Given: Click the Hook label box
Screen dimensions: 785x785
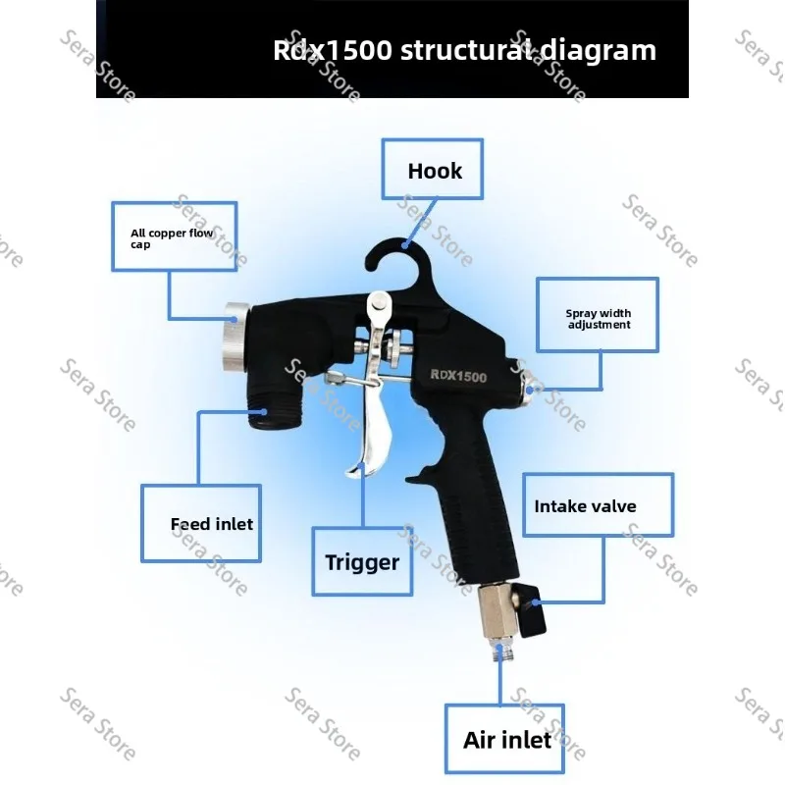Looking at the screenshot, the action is [x=433, y=169].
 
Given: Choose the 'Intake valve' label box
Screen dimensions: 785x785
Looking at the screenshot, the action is [x=599, y=504].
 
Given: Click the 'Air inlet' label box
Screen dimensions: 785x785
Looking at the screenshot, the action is [x=504, y=739].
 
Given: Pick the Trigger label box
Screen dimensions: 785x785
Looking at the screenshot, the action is [x=362, y=561].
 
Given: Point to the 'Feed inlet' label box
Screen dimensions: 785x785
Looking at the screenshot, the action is [x=201, y=523].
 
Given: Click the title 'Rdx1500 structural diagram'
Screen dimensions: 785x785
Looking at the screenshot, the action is [x=464, y=50].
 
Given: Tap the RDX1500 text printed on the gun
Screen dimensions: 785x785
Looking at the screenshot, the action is [x=458, y=376].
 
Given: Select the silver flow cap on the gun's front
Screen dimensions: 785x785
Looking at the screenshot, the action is [x=236, y=337].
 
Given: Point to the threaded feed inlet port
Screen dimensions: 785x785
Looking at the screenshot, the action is [x=275, y=410].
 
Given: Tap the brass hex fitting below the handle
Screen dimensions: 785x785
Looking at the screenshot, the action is [x=497, y=610].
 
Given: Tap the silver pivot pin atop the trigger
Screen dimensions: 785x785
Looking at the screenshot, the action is [x=379, y=303].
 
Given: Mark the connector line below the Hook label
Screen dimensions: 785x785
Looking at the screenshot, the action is [x=421, y=223].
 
